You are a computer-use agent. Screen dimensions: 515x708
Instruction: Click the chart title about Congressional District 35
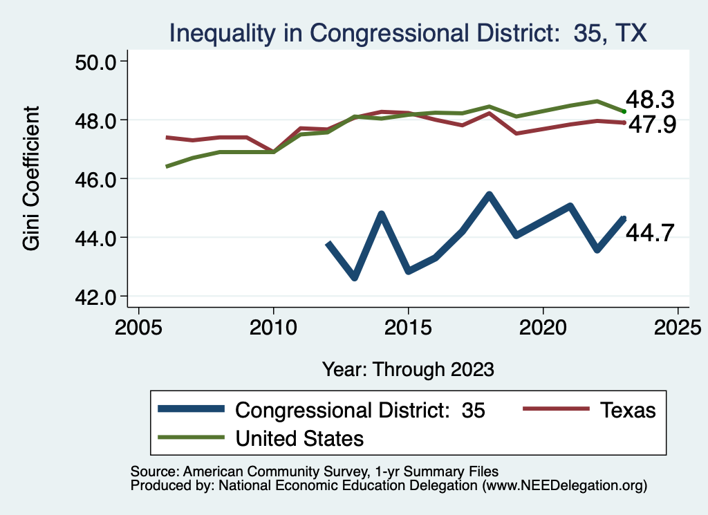click(x=408, y=32)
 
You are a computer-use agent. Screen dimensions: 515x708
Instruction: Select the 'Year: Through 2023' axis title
click(x=408, y=369)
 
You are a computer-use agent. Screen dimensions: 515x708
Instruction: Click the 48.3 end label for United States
click(x=650, y=100)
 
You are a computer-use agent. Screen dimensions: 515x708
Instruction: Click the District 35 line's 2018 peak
click(x=489, y=195)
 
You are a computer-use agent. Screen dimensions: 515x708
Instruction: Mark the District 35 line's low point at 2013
click(x=355, y=277)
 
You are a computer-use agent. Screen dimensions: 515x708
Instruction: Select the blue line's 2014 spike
click(x=381, y=214)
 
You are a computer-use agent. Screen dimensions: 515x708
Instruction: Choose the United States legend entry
click(x=299, y=438)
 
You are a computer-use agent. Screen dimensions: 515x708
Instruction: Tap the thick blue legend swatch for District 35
click(x=192, y=409)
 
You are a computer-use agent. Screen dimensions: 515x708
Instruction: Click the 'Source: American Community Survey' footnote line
click(x=314, y=471)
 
